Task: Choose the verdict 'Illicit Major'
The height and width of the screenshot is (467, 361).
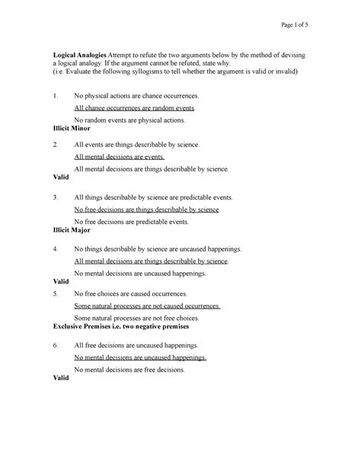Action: (x=76, y=231)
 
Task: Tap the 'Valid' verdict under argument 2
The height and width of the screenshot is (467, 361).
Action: (x=62, y=177)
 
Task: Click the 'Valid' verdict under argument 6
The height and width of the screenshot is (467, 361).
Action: (x=62, y=379)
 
